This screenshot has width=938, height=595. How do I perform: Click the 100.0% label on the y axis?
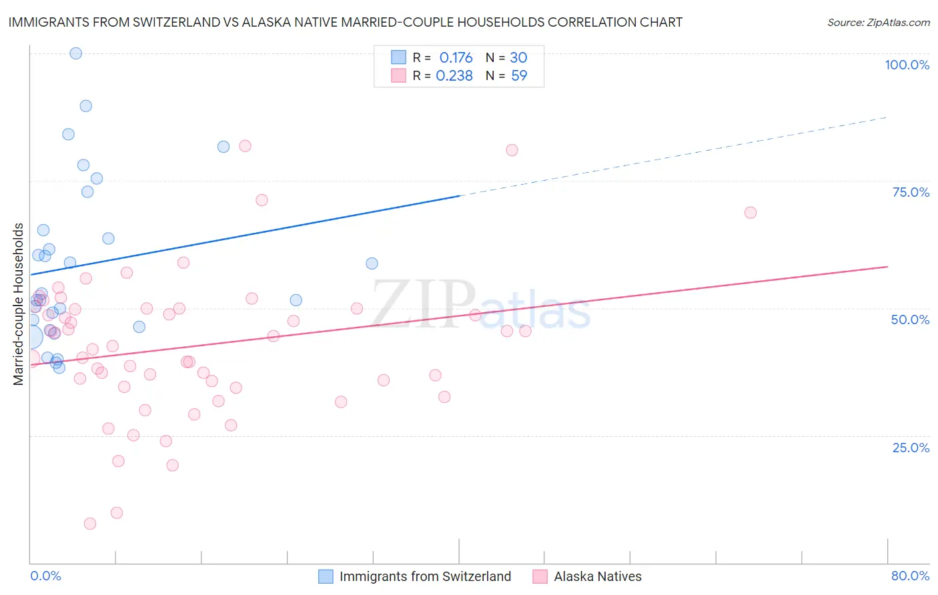pos(907,65)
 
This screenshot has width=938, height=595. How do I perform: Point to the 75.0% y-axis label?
pos(911,192)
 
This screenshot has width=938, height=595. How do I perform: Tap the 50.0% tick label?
pos(910,320)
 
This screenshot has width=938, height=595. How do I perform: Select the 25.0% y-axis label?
pos(911,448)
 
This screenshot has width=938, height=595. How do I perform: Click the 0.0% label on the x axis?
pos(45,576)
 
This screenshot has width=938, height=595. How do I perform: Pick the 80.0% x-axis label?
pos(910,576)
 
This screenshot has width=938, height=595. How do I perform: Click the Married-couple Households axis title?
pos(19,304)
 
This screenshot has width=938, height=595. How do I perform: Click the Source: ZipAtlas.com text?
pos(878,23)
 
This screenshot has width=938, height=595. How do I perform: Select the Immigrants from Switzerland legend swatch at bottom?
pos(326,576)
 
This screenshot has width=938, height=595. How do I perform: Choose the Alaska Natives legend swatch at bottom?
pos(540,576)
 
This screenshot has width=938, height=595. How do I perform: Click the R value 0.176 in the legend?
pos(456,57)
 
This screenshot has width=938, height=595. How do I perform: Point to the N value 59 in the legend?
pos(519,76)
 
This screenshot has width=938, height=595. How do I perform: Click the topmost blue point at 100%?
pos(76,53)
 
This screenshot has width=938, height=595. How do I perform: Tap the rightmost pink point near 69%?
pos(751,213)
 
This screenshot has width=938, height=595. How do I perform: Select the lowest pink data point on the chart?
pos(90,524)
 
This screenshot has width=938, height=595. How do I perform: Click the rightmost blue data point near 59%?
pos(372,263)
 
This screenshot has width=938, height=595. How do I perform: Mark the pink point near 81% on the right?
pos(512,150)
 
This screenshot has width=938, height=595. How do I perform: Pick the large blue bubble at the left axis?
pos(31,337)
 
